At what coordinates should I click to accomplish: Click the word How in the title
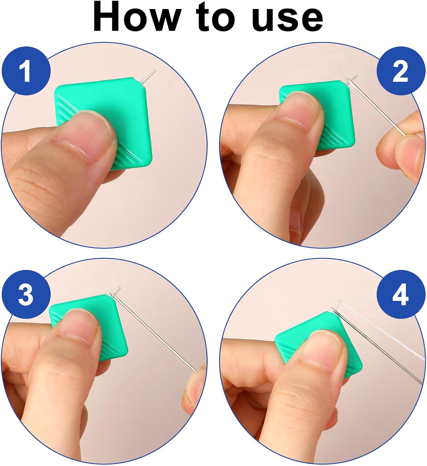coord(137,17)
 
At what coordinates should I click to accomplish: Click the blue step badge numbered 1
coord(26,71)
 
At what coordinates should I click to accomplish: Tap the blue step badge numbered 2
coord(401,71)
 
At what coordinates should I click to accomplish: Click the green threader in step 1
coord(103,123)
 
